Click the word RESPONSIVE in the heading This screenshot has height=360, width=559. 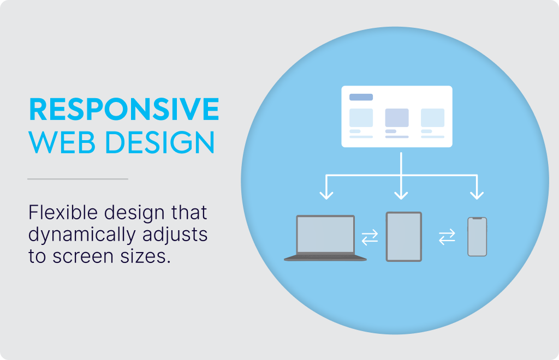124,109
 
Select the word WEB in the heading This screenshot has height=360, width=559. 62,142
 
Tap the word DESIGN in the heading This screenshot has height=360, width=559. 160,142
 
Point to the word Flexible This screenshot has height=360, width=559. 63,212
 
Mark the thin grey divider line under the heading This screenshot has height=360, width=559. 78,179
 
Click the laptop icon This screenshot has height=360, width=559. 325,238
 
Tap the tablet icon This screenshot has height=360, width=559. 404,237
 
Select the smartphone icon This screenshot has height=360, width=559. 477,237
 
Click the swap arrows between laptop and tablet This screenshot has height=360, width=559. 370,237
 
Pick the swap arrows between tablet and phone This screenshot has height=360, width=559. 447,237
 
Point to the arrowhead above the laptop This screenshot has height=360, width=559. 326,195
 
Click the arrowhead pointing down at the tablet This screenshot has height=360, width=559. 401,195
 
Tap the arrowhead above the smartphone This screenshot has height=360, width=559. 477,195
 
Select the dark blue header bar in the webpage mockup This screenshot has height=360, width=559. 361,97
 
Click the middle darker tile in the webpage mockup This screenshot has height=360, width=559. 397,118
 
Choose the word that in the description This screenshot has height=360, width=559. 189,212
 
